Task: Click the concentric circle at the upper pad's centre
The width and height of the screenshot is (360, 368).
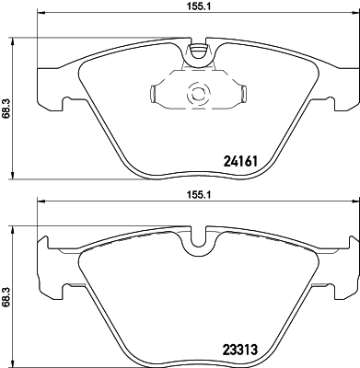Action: tap(194, 92)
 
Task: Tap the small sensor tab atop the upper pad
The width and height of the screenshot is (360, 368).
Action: tap(194, 53)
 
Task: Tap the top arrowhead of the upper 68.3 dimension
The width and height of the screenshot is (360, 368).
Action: tap(12, 41)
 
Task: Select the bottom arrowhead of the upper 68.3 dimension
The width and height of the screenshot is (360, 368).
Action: tap(12, 176)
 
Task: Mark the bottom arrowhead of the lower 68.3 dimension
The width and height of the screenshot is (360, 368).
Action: tap(12, 363)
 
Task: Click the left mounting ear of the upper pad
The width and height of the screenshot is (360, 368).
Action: tap(46, 87)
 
